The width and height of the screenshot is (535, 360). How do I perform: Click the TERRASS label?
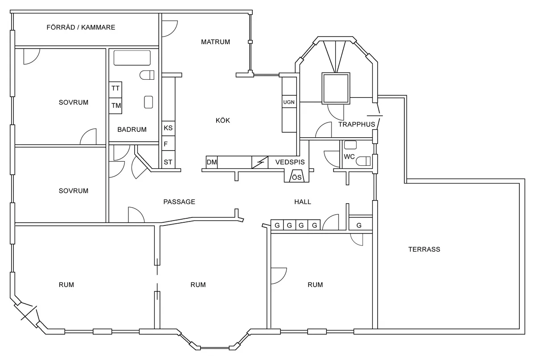(424, 250)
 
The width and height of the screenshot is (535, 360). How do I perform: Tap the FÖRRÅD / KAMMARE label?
(81, 28)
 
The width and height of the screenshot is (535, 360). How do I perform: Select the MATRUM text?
(215, 42)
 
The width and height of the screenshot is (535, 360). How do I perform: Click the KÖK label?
(223, 120)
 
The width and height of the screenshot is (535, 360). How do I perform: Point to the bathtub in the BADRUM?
(132, 58)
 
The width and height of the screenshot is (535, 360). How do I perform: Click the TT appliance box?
(115, 90)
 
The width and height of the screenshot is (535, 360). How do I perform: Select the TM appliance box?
(115, 106)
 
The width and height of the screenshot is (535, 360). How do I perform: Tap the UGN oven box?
(289, 102)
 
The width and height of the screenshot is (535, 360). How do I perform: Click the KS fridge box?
(169, 128)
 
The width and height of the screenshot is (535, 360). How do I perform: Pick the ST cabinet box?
(169, 162)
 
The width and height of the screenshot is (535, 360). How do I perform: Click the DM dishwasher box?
(212, 162)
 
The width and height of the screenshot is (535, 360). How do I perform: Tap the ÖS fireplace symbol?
(297, 176)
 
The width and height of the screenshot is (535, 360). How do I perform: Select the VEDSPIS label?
(290, 162)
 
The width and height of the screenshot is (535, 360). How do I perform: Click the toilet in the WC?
(363, 161)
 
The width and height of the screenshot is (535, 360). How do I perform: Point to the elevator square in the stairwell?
(336, 88)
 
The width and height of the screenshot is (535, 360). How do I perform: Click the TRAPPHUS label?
(357, 124)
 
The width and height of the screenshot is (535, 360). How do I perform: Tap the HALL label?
(303, 202)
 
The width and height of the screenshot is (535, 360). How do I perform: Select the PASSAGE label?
(179, 202)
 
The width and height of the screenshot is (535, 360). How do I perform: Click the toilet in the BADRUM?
(147, 75)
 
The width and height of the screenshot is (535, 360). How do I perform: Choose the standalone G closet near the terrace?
(360, 225)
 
